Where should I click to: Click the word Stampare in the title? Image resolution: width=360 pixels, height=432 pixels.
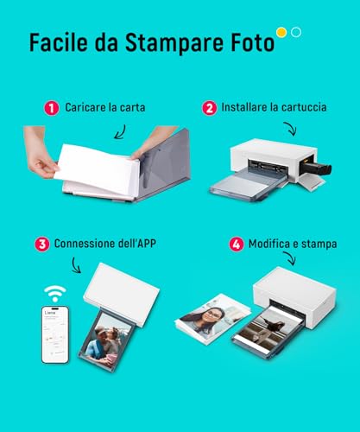click(x=174, y=43)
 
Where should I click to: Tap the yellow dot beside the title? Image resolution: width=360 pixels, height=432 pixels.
click(x=281, y=32)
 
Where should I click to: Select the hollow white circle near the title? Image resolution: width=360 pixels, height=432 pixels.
click(x=296, y=32)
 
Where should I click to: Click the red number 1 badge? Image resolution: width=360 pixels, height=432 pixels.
click(x=52, y=108)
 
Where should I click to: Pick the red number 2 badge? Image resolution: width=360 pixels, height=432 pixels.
click(x=210, y=108)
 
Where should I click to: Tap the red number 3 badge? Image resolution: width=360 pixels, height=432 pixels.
click(x=42, y=245)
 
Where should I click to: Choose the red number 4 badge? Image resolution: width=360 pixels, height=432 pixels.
click(x=237, y=245)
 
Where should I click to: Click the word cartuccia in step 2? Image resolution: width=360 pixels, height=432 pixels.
click(x=304, y=107)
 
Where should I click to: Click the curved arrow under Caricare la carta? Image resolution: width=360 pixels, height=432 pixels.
click(x=121, y=132)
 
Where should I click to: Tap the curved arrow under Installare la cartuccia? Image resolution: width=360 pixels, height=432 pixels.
click(x=289, y=129)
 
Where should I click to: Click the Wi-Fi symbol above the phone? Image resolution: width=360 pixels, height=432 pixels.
click(x=55, y=294)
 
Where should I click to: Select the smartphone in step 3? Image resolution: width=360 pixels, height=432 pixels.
click(x=55, y=334)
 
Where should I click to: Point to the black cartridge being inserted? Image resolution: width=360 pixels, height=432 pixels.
click(x=315, y=168)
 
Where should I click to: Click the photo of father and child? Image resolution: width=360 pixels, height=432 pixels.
click(x=106, y=341)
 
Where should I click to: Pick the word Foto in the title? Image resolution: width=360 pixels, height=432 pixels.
click(x=252, y=43)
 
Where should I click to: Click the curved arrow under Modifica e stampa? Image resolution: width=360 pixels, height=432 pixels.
click(x=289, y=258)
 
